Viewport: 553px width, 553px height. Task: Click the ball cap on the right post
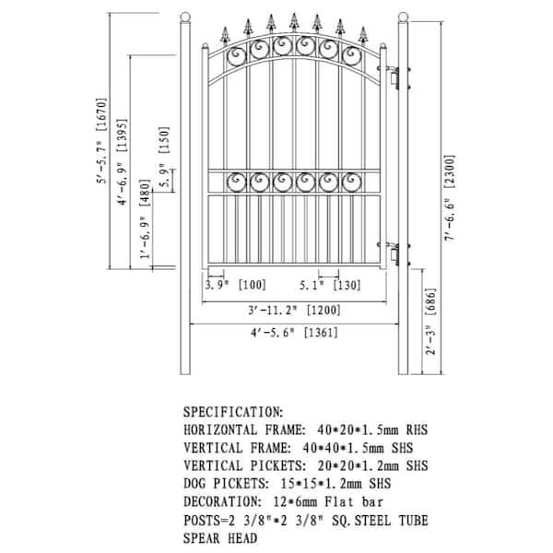(x=403, y=17)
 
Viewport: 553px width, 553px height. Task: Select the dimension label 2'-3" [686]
(x=430, y=326)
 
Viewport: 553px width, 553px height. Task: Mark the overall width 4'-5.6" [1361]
(x=292, y=335)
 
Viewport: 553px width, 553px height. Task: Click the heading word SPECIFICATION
(x=232, y=413)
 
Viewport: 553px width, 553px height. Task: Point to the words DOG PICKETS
(x=226, y=483)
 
